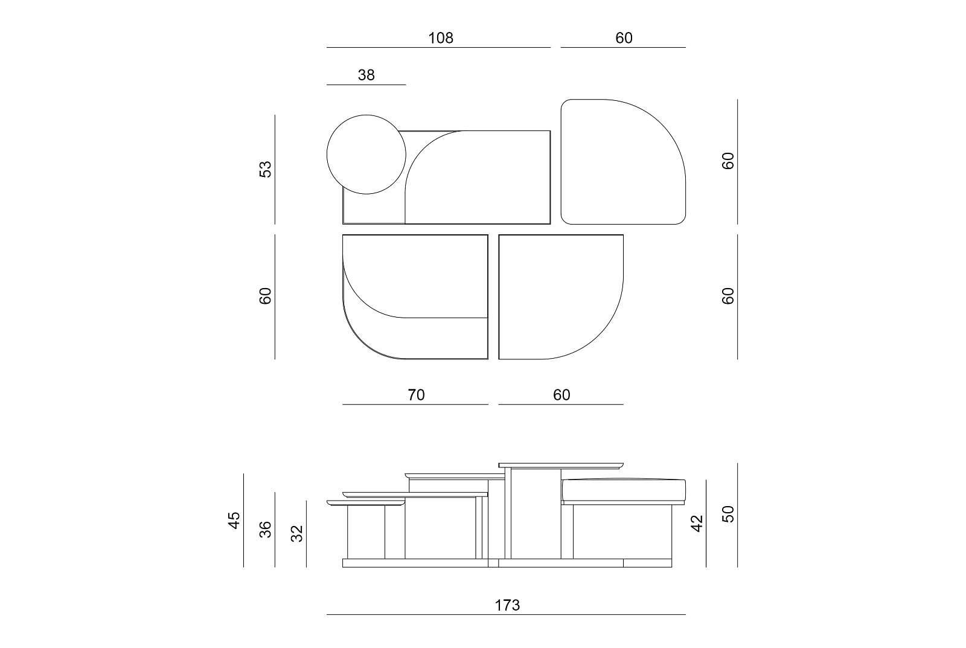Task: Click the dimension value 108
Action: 440,38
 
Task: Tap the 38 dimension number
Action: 366,75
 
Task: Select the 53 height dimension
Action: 266,168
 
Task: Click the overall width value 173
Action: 507,605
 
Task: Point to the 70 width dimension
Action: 416,395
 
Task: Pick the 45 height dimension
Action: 234,519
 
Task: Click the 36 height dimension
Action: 266,529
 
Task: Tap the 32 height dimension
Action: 297,533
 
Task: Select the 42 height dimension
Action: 697,523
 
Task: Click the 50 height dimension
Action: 728,514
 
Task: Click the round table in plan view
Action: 366,155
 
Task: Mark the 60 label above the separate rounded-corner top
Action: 624,38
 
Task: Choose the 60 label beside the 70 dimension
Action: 561,395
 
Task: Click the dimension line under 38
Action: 366,85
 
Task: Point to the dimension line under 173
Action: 506,615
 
